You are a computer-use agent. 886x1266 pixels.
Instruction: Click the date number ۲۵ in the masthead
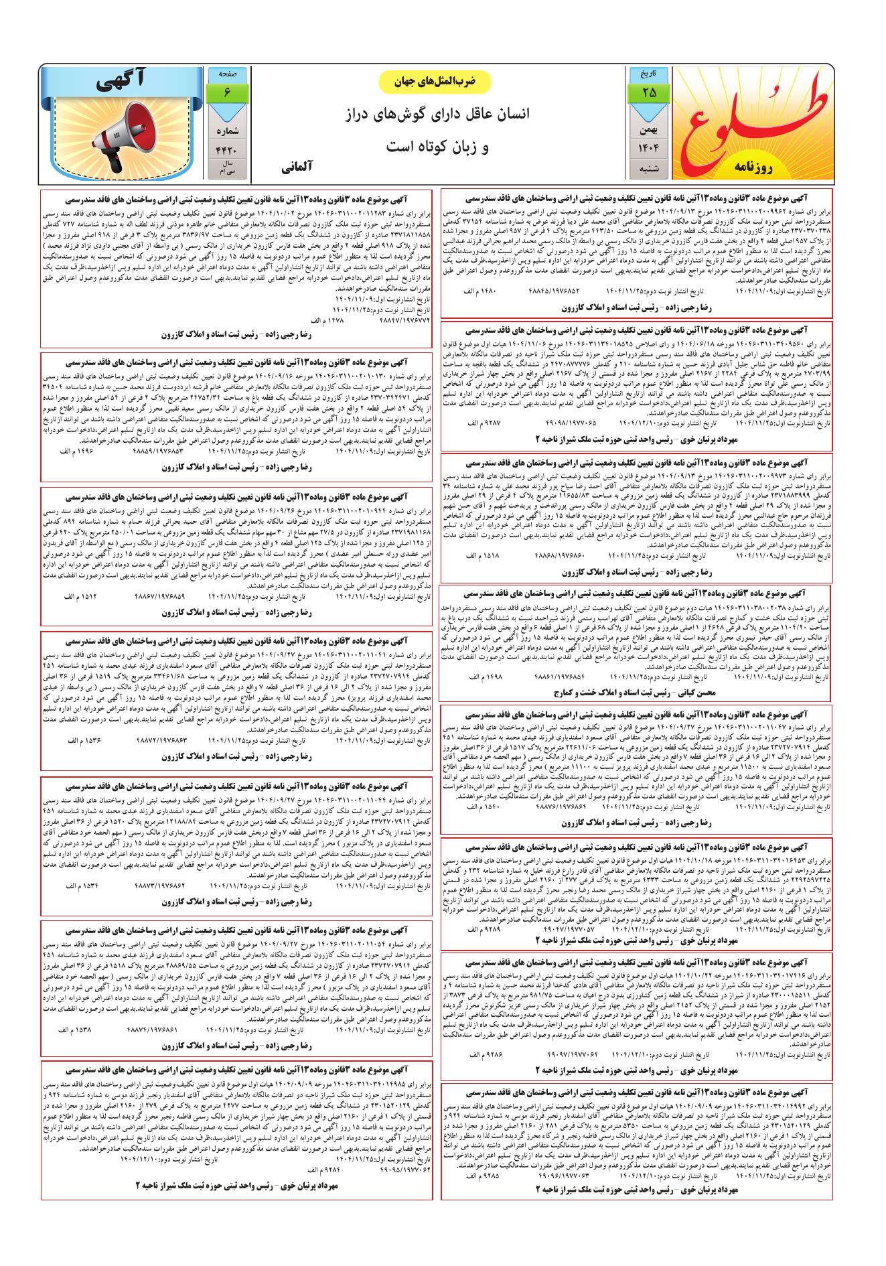click(649, 92)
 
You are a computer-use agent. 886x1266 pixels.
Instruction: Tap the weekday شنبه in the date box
click(649, 167)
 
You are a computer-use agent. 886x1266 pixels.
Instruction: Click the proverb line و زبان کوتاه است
click(439, 146)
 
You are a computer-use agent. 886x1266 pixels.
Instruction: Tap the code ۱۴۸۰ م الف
click(479, 292)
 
